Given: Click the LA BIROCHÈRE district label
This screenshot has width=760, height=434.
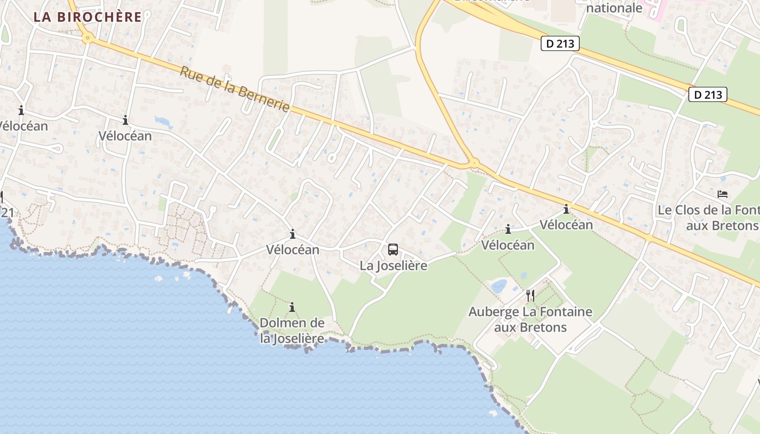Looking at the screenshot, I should (x=87, y=17).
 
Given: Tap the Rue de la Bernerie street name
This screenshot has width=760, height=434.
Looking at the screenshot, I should (x=235, y=89).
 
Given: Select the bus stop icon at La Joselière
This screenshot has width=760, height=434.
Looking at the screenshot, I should (x=393, y=250).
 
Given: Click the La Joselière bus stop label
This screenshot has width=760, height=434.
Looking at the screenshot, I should (x=394, y=266).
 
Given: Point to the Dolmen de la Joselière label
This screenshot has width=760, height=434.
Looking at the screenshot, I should (x=292, y=330).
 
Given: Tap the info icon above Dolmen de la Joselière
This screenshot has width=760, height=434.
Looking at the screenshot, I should (x=292, y=308).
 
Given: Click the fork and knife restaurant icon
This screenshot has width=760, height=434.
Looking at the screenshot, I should (x=530, y=296).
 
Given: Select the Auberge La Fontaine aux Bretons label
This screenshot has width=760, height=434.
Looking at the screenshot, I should (x=530, y=320).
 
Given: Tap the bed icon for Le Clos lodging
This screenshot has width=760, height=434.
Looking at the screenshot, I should (x=722, y=194).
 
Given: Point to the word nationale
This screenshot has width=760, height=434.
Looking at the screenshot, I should (x=615, y=8).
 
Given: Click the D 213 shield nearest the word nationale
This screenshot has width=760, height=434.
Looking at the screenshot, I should (x=560, y=44).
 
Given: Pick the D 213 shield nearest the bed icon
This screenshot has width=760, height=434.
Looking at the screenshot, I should (x=708, y=95).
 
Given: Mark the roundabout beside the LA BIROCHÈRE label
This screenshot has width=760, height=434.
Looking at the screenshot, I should (x=87, y=39).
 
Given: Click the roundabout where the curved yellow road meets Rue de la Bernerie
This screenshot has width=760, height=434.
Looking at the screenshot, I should (x=474, y=162).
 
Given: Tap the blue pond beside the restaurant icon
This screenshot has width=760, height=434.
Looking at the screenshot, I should (x=499, y=286).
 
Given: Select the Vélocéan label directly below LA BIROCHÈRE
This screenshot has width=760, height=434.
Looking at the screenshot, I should (x=125, y=136).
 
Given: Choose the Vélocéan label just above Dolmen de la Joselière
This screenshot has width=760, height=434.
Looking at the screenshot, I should (x=293, y=250).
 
